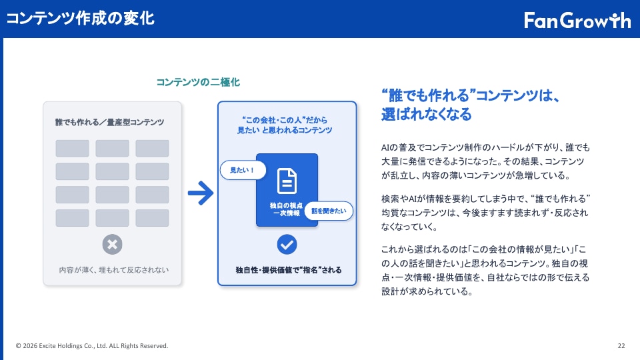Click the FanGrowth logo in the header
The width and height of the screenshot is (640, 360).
click(x=577, y=20)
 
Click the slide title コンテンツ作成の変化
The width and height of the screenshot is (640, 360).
click(x=81, y=19)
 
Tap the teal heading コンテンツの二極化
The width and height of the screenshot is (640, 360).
click(x=198, y=82)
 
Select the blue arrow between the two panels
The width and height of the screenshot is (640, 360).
click(x=201, y=193)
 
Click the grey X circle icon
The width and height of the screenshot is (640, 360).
click(x=112, y=244)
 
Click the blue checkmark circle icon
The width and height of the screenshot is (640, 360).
click(x=287, y=244)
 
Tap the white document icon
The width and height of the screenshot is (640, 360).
click(x=287, y=181)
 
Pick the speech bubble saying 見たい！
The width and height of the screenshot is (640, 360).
click(x=243, y=170)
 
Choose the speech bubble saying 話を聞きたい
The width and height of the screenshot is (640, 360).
click(x=329, y=211)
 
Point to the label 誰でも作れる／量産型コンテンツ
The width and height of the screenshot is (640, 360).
click(x=110, y=122)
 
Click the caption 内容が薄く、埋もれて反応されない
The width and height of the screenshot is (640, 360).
click(x=113, y=270)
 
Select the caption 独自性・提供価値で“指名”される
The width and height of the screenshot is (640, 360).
click(x=289, y=270)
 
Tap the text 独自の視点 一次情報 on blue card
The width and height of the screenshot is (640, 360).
click(x=286, y=209)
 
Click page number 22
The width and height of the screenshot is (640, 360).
click(x=621, y=346)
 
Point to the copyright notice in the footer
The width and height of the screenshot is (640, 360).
click(x=92, y=346)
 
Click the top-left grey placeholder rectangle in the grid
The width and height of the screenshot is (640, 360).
click(x=72, y=148)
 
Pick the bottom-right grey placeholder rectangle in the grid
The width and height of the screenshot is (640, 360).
click(x=152, y=218)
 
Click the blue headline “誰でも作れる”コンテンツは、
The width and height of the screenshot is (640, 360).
click(x=471, y=95)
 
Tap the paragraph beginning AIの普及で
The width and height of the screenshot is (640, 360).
click(x=486, y=161)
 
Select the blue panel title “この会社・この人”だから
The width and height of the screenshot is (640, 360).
click(x=285, y=120)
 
